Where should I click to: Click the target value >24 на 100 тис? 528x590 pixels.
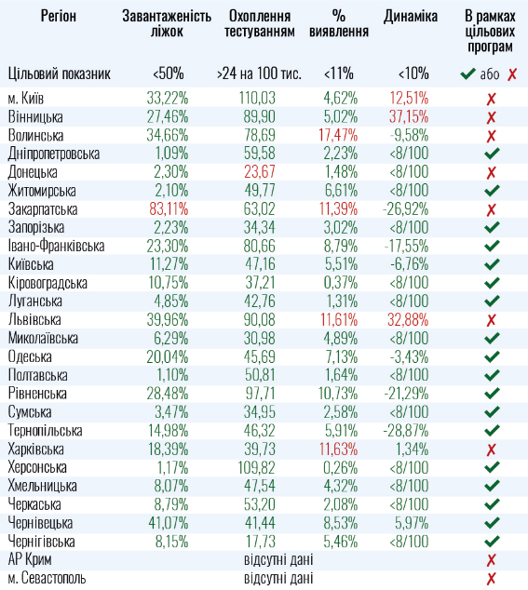(x=258, y=74)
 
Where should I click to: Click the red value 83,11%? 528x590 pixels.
(x=168, y=208)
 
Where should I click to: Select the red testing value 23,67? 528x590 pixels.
(x=258, y=172)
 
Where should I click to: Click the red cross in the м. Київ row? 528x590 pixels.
(x=491, y=99)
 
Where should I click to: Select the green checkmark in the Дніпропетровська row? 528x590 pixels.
(x=491, y=154)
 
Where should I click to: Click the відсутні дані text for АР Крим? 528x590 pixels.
(x=278, y=559)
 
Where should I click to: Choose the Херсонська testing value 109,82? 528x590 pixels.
(x=258, y=467)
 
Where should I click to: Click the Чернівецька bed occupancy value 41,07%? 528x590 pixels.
(x=168, y=522)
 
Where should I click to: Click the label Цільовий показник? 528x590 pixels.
(x=59, y=74)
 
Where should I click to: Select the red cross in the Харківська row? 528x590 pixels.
(x=491, y=449)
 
